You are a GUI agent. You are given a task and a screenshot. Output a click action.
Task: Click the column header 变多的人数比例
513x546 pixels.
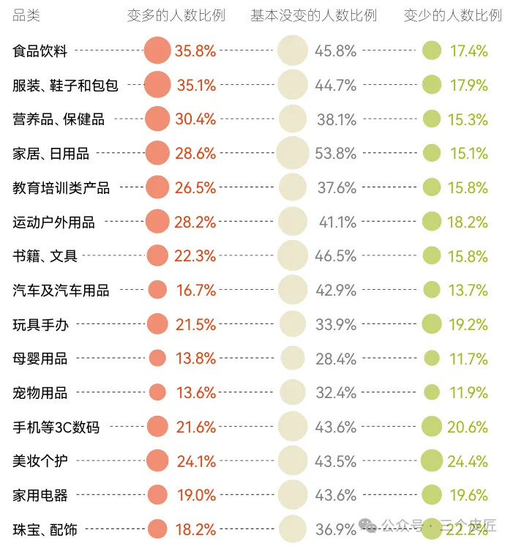(x=176, y=15)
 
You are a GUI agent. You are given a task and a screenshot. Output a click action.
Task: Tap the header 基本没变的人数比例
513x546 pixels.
(x=313, y=15)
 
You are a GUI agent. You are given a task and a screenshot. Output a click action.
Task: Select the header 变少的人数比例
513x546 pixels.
(x=452, y=15)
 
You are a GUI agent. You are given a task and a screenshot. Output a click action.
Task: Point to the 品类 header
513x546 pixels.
(x=27, y=15)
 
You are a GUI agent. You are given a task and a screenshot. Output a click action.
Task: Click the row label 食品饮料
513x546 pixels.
(x=40, y=51)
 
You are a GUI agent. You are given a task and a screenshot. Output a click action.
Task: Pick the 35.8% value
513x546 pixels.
(x=195, y=51)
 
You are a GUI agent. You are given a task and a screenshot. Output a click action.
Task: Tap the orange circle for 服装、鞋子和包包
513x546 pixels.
(x=157, y=85)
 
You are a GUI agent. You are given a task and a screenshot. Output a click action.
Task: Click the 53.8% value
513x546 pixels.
(x=336, y=154)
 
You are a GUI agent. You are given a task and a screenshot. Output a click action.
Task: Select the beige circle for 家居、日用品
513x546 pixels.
(x=293, y=153)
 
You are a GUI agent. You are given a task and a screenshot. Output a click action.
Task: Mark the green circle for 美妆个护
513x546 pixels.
(x=432, y=461)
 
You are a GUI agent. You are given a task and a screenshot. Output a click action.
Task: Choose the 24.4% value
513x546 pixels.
(x=468, y=462)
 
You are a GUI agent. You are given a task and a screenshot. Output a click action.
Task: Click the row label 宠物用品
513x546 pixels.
(x=40, y=393)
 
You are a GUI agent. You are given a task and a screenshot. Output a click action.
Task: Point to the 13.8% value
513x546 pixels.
(x=195, y=359)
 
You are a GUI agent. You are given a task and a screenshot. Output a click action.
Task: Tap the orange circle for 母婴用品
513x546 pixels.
(x=157, y=358)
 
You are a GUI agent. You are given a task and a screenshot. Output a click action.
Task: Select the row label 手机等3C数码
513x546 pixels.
(x=56, y=427)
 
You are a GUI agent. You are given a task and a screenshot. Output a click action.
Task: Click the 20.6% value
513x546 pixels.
(x=468, y=427)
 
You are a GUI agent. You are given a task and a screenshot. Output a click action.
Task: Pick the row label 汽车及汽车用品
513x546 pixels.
(x=61, y=291)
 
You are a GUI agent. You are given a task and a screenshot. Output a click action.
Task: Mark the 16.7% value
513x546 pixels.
(x=195, y=291)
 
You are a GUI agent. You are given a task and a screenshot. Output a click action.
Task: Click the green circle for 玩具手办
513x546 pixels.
(x=432, y=324)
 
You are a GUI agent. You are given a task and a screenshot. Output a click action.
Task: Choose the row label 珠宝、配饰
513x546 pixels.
(x=45, y=529)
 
